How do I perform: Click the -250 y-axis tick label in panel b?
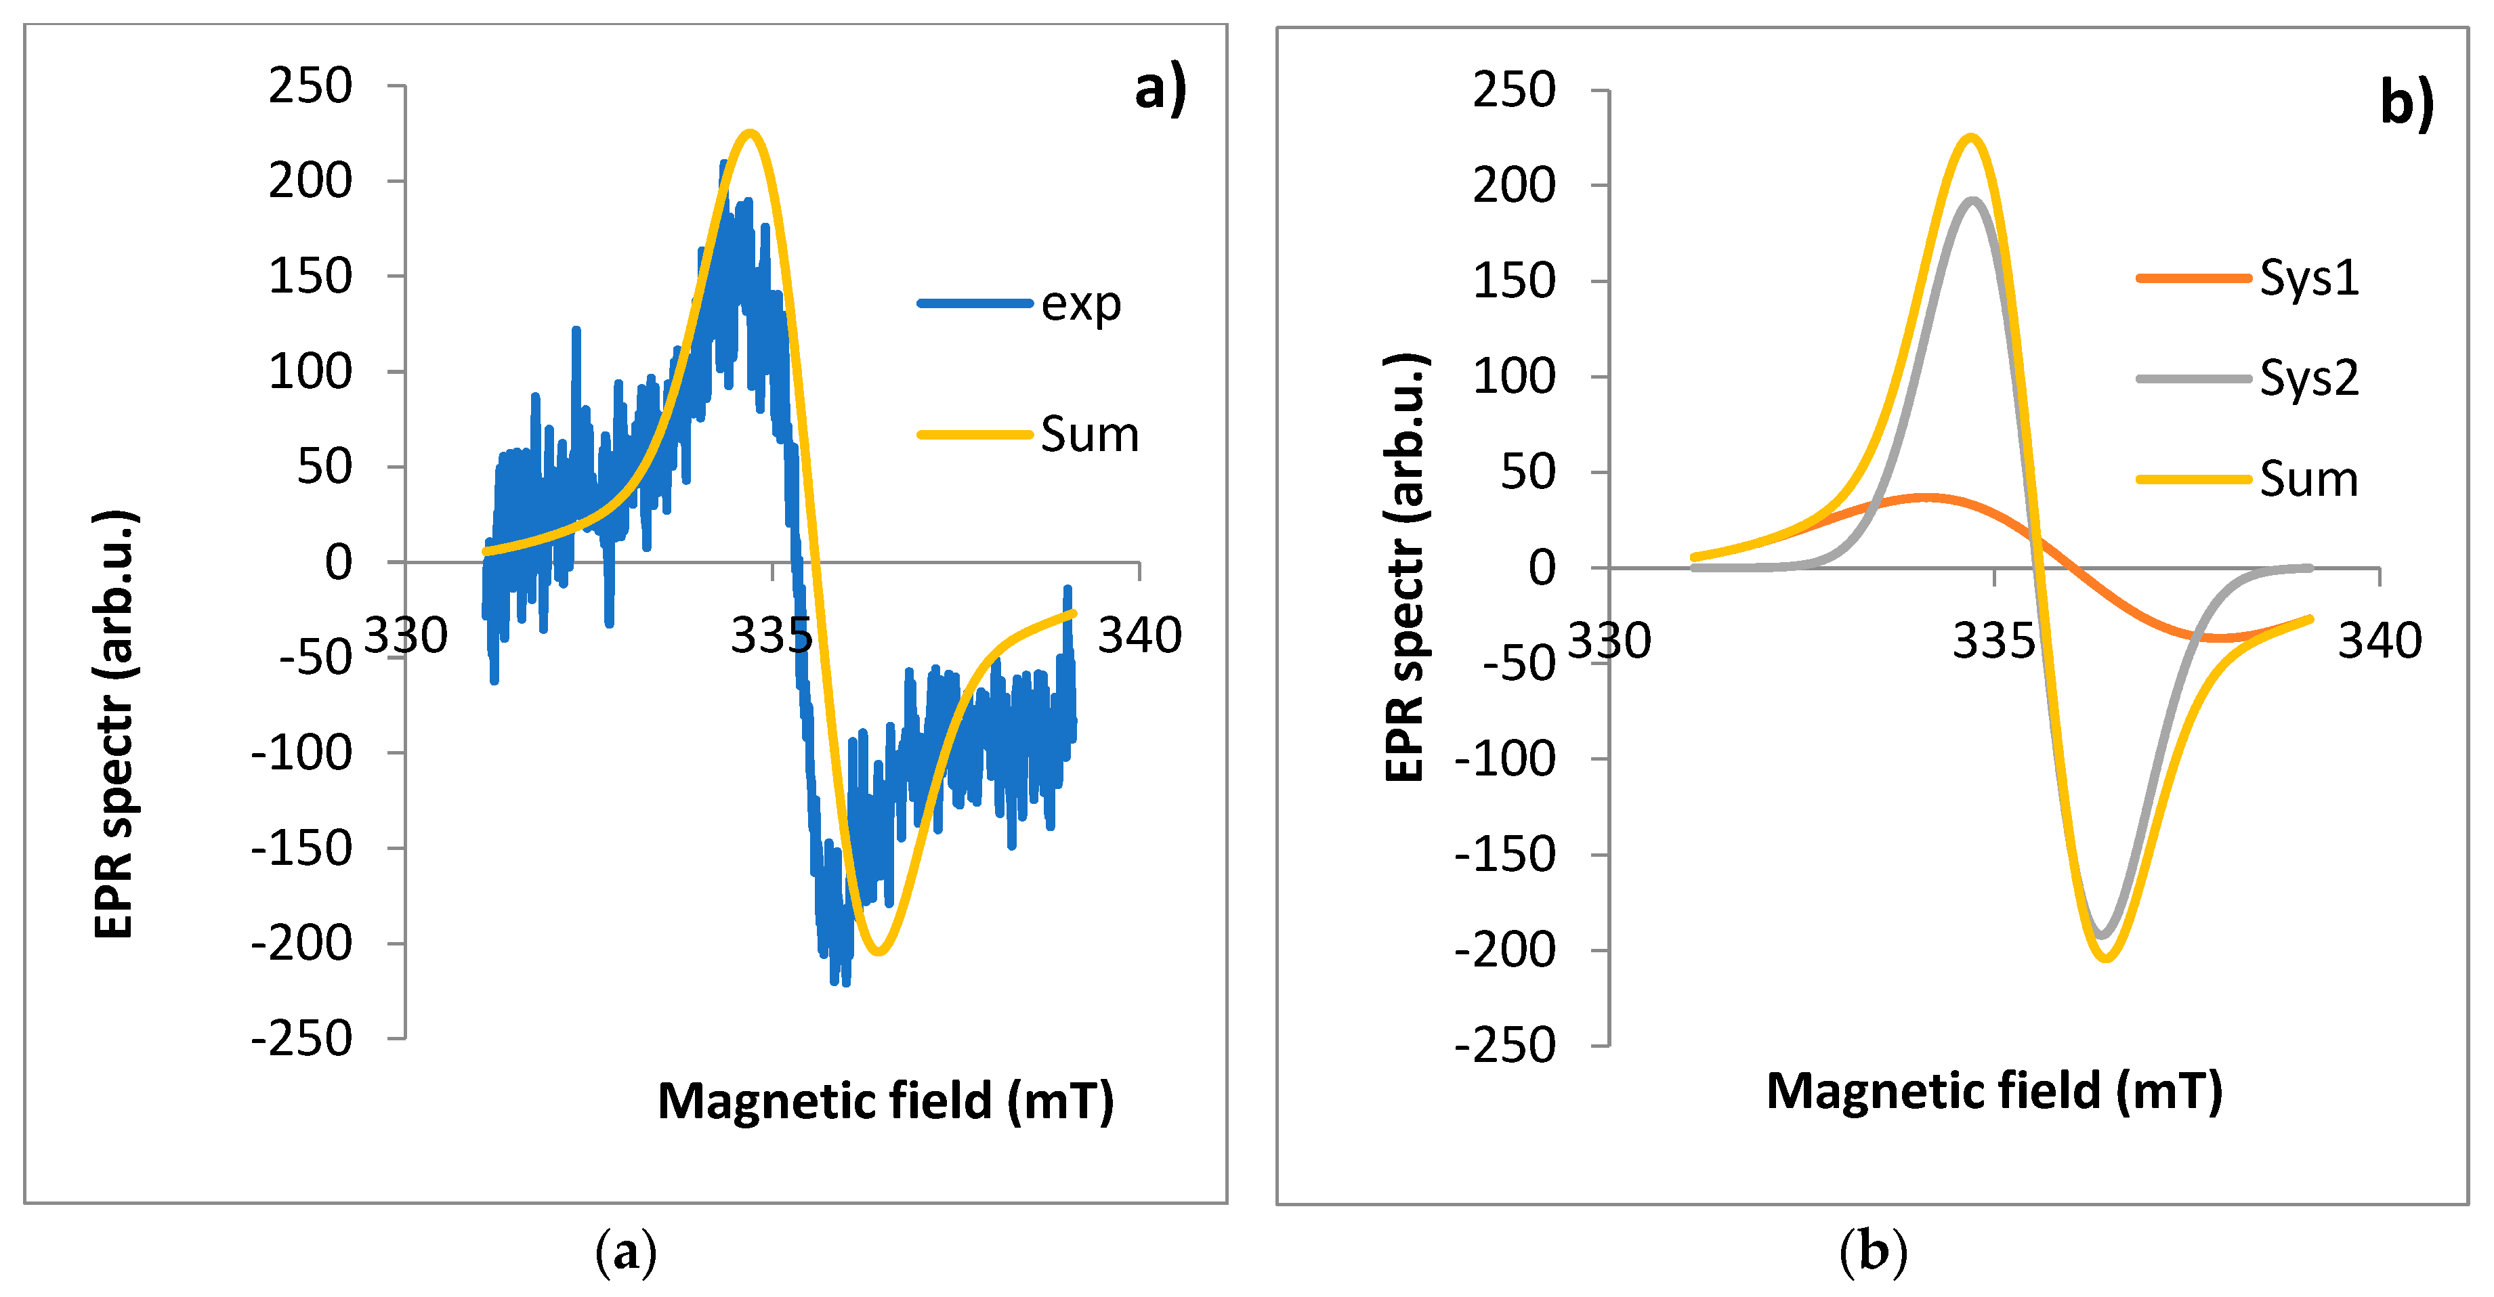coord(1506,1045)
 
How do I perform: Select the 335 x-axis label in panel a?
coord(771,636)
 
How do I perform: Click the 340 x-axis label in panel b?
coord(2379,641)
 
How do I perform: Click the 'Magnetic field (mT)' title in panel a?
coord(885,1101)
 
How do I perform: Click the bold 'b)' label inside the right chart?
coord(2406,102)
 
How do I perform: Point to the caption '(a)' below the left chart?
coord(625,1252)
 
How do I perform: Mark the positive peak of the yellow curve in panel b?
coord(1970,137)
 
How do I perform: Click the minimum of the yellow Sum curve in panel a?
coord(877,952)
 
